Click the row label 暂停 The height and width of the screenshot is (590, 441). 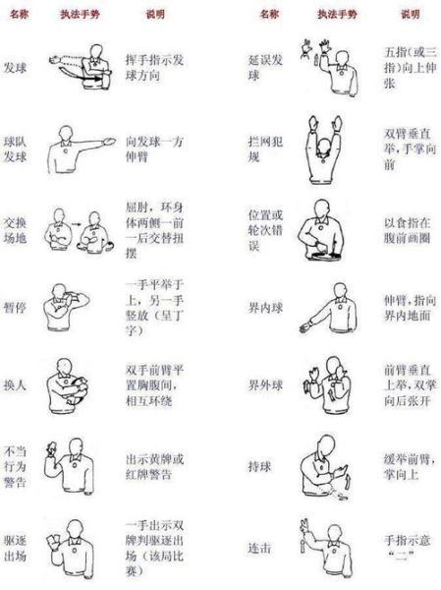pos(17,301)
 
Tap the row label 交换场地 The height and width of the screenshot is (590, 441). pos(17,228)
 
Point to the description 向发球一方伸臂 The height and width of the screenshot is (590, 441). pos(157,147)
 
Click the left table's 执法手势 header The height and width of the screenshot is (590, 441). pos(83,17)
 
